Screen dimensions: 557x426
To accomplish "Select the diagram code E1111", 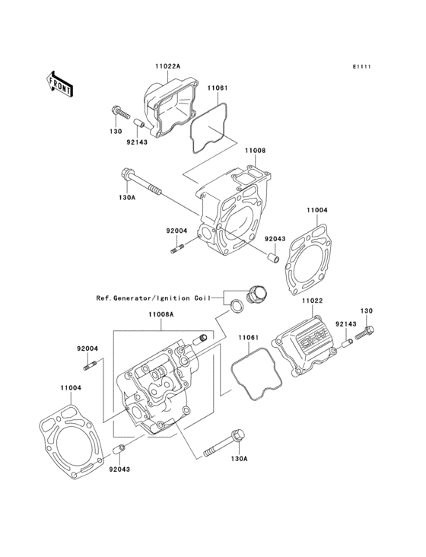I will [361, 68].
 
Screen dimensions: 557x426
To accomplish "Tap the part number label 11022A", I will [169, 67].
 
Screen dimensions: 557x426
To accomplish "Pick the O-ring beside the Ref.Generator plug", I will [238, 307].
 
